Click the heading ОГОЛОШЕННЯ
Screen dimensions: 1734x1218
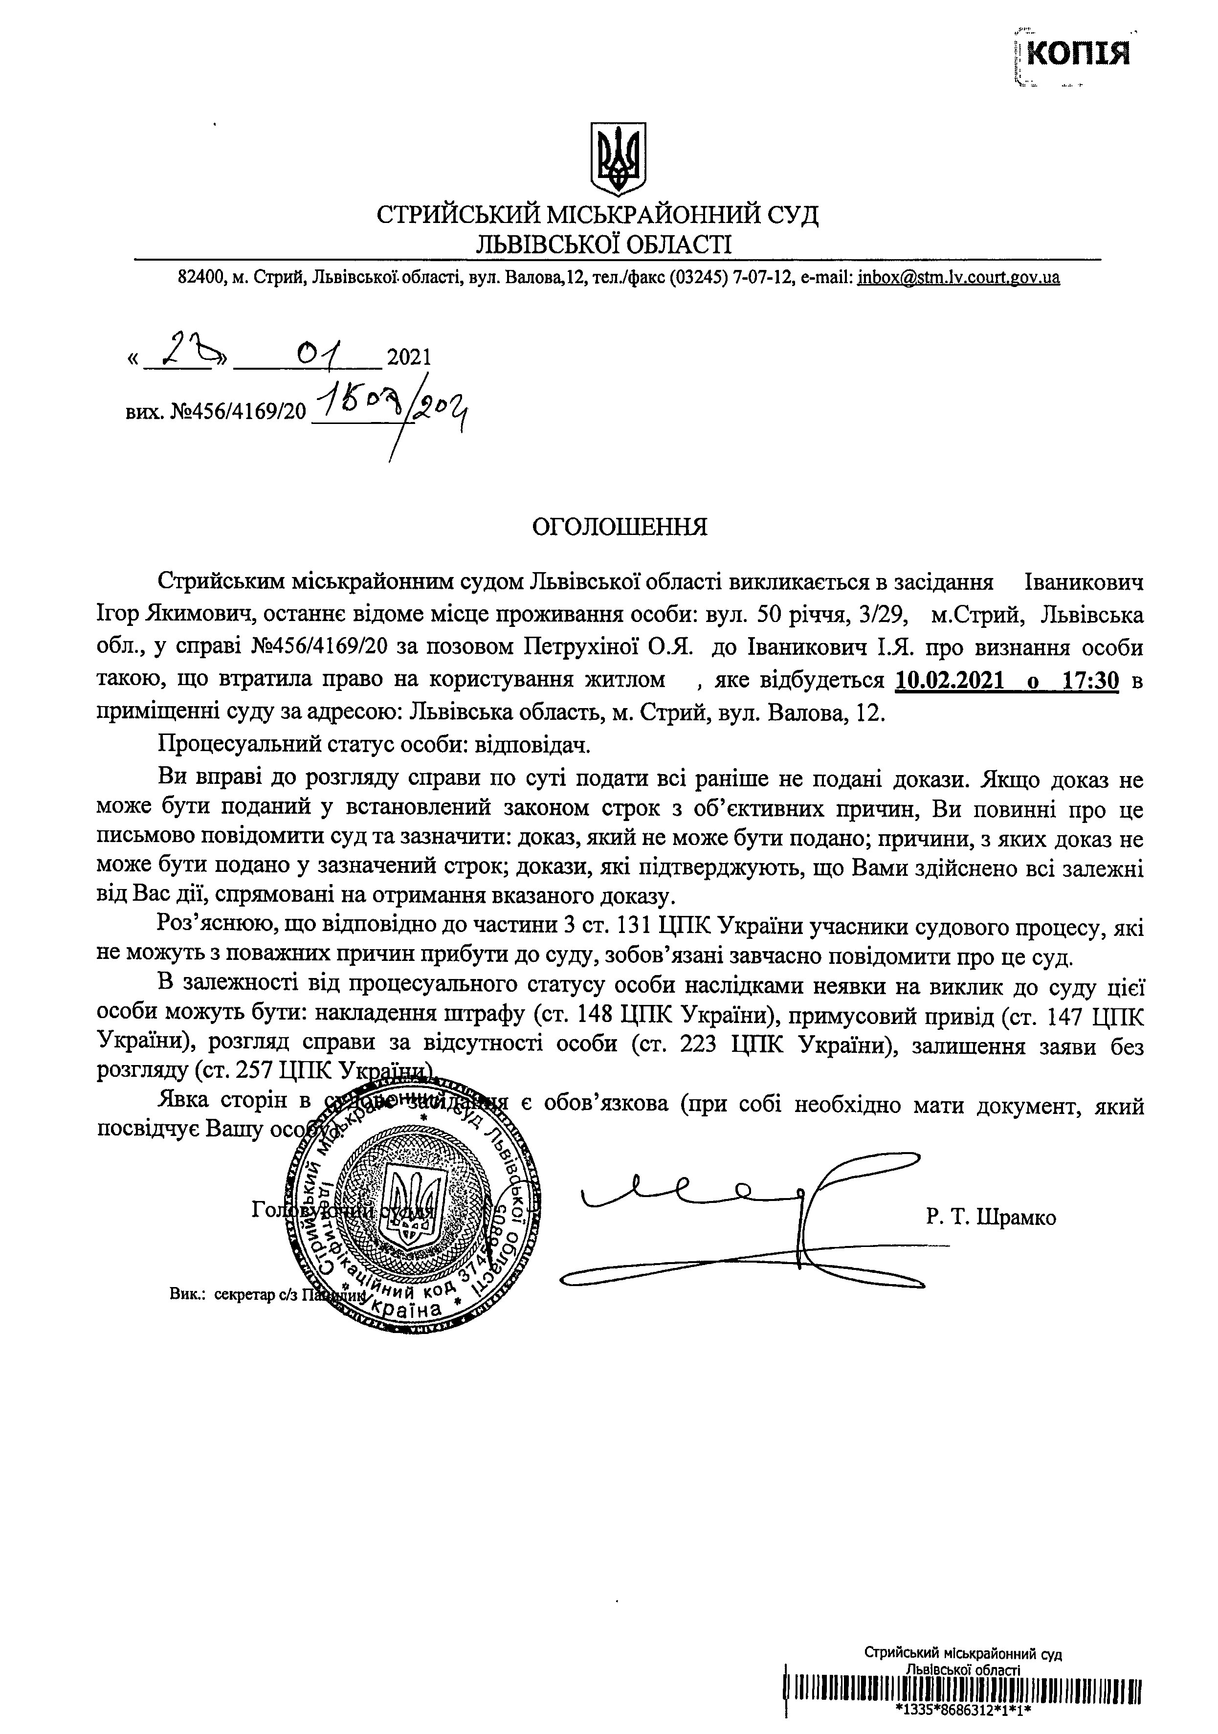click(620, 526)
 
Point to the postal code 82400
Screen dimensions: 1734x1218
click(198, 278)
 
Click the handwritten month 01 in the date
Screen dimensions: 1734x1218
click(319, 352)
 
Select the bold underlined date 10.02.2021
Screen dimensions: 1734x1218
click(950, 681)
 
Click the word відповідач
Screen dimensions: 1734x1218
click(531, 745)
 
